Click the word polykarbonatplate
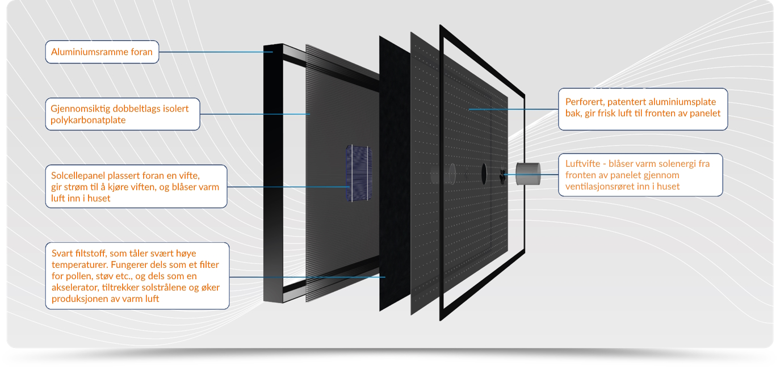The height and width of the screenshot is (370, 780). point(88,120)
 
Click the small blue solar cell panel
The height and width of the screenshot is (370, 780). point(359,173)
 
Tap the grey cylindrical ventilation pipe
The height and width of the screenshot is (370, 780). point(529,174)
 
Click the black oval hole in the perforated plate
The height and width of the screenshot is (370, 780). point(484,173)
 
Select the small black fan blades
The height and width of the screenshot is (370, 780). point(503,175)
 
